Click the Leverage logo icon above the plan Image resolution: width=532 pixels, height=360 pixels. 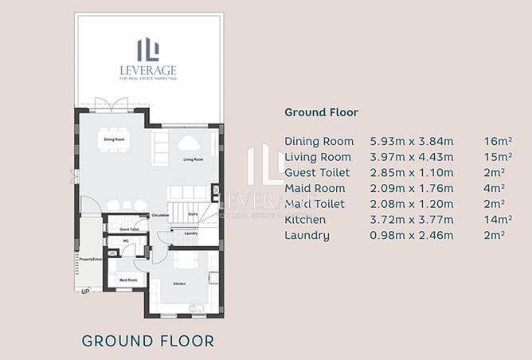[x=149, y=49]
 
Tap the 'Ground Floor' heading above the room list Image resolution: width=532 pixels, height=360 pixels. [x=321, y=112]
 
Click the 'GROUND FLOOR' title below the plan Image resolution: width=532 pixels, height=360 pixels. [x=148, y=341]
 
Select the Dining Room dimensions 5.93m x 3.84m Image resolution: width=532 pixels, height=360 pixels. [x=411, y=141]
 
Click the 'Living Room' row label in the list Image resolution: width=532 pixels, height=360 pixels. [x=318, y=157]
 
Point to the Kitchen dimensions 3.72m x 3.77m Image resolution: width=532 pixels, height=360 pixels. [x=411, y=219]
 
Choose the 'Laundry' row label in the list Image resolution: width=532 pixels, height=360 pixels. [x=307, y=235]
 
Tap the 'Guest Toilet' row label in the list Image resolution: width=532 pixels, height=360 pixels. [x=318, y=172]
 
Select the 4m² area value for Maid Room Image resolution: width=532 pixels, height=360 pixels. [x=495, y=188]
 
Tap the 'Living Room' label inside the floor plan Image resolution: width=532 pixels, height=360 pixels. [x=194, y=159]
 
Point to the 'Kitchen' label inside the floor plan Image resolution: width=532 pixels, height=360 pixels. [x=179, y=284]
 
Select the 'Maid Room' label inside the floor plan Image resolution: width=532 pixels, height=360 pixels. [x=127, y=280]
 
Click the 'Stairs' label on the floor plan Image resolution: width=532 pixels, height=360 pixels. [x=192, y=213]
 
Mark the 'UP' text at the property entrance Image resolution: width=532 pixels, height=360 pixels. [x=85, y=292]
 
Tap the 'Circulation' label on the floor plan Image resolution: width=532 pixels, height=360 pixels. [x=160, y=215]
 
